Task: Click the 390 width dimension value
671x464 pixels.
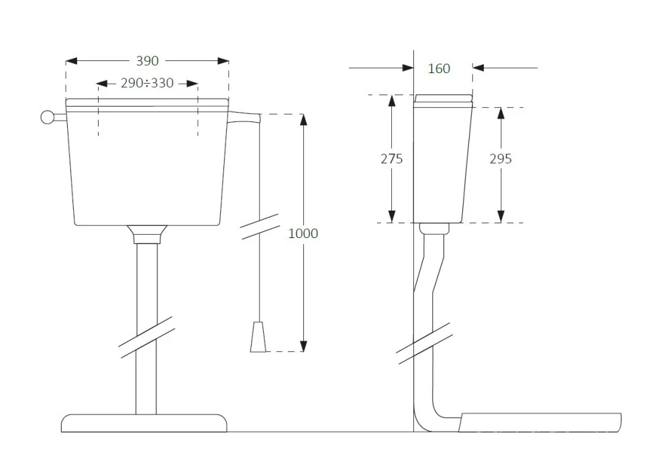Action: (x=147, y=61)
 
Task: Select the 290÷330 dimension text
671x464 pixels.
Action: (x=147, y=83)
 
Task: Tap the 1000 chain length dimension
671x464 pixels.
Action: (x=303, y=233)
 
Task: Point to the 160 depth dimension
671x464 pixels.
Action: (x=439, y=68)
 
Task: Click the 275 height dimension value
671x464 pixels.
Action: (x=392, y=159)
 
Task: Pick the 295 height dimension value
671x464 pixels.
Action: (x=501, y=159)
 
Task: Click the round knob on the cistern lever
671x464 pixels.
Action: (x=47, y=117)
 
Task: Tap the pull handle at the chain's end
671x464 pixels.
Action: (x=258, y=337)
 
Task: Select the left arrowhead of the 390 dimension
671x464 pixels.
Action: (x=72, y=61)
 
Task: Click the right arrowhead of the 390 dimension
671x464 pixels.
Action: (x=223, y=61)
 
